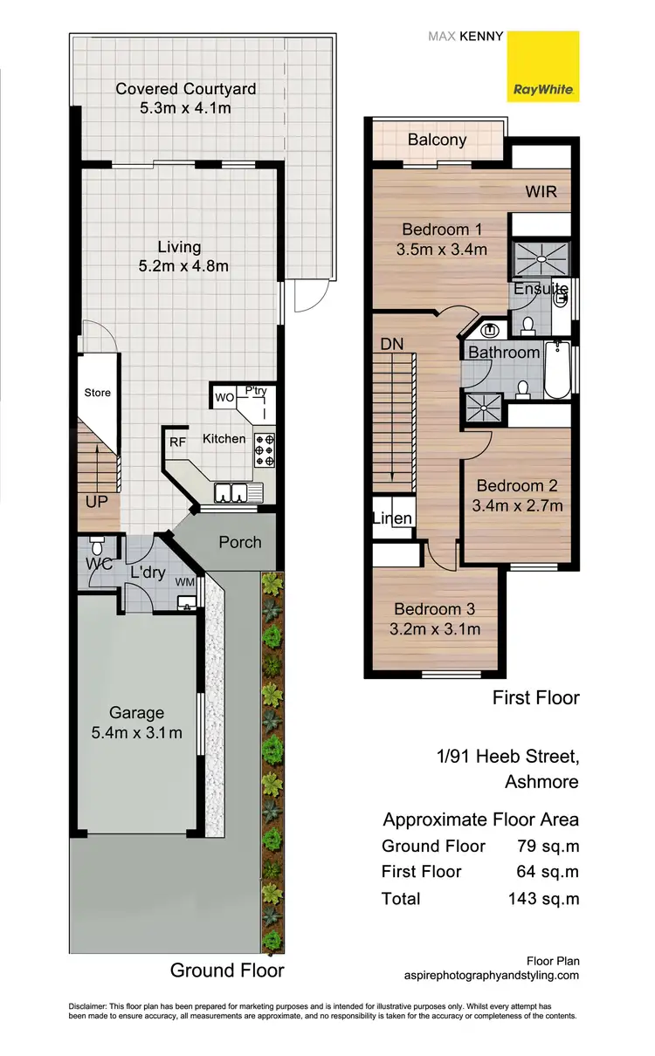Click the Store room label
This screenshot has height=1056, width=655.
(98, 393)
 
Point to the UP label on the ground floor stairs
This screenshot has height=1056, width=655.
(96, 502)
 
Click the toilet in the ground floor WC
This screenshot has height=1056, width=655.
(97, 546)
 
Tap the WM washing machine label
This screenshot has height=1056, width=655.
(185, 580)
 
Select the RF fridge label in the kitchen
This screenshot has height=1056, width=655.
(176, 442)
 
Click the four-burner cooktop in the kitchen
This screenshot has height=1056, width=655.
(265, 450)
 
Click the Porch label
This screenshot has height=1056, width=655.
(240, 542)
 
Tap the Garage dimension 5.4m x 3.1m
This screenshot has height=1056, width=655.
(137, 733)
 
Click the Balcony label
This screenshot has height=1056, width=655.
(437, 140)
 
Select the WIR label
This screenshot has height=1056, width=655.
(541, 192)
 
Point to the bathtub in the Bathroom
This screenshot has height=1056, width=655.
(556, 371)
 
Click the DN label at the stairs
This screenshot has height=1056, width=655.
(392, 344)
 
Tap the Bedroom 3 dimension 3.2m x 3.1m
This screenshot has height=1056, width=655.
(434, 628)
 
